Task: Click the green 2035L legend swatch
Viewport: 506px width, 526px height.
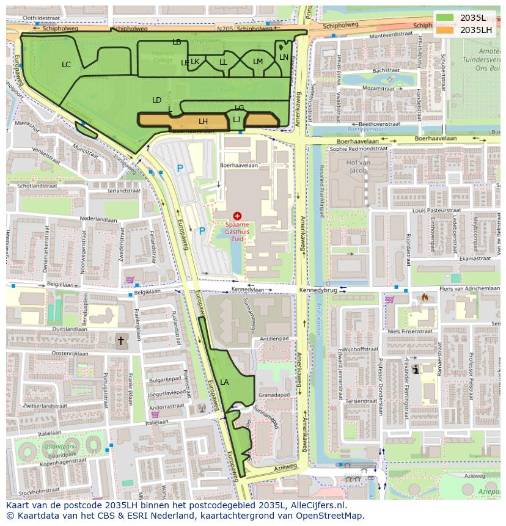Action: [x=446, y=18]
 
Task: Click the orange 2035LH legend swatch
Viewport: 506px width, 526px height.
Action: [x=446, y=30]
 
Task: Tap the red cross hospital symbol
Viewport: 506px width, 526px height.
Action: [x=237, y=216]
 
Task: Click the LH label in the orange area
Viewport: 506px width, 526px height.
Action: [x=203, y=122]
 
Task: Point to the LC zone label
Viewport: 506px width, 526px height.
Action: [x=66, y=64]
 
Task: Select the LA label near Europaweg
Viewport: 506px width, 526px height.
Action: [x=224, y=382]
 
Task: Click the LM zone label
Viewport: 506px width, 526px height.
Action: [x=258, y=62]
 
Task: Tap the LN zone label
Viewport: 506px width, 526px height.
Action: [x=284, y=57]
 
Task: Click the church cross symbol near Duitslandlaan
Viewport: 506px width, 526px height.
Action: [x=120, y=340]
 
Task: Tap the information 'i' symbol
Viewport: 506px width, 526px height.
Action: [x=416, y=369]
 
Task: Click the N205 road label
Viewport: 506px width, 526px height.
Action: [x=225, y=28]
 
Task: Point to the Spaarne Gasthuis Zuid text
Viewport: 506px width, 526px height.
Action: [x=237, y=232]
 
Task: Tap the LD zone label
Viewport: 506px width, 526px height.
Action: [x=156, y=100]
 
